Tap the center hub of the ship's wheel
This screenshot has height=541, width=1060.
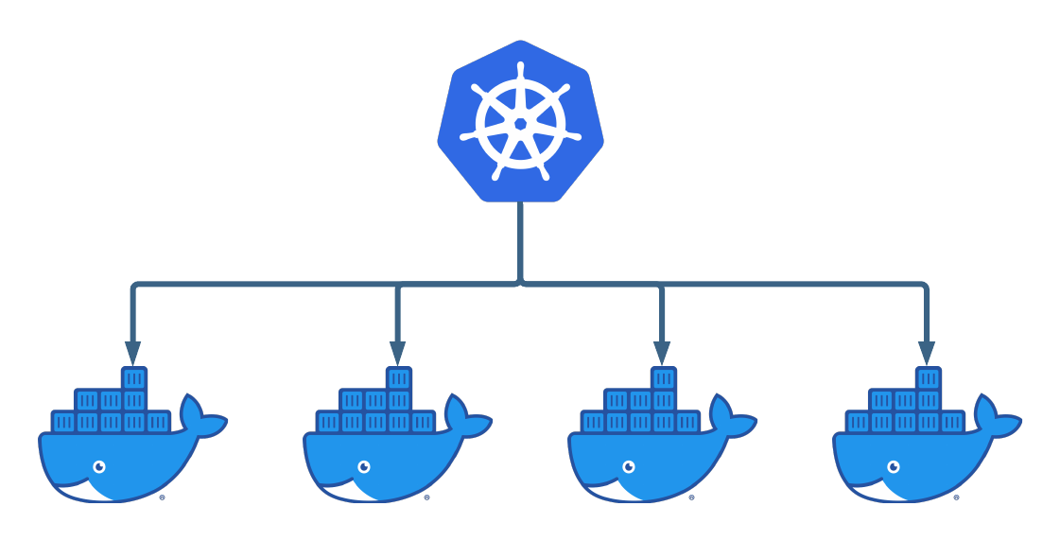(x=520, y=124)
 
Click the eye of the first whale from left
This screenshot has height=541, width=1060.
(x=99, y=466)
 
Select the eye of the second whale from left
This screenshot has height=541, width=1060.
(x=364, y=466)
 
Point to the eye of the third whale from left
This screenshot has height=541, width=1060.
(x=629, y=466)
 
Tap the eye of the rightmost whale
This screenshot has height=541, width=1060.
(x=894, y=466)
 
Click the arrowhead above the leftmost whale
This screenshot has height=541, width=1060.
(x=132, y=353)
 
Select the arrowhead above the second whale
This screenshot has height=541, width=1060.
(x=397, y=353)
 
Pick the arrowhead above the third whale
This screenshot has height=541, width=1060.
(x=662, y=353)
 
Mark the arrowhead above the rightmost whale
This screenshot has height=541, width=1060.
(x=927, y=353)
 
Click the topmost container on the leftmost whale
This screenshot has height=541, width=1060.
(x=134, y=378)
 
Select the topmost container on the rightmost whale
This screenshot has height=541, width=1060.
(x=929, y=378)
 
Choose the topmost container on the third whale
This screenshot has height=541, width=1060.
(x=664, y=378)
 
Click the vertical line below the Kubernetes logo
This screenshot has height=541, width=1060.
(x=520, y=241)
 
